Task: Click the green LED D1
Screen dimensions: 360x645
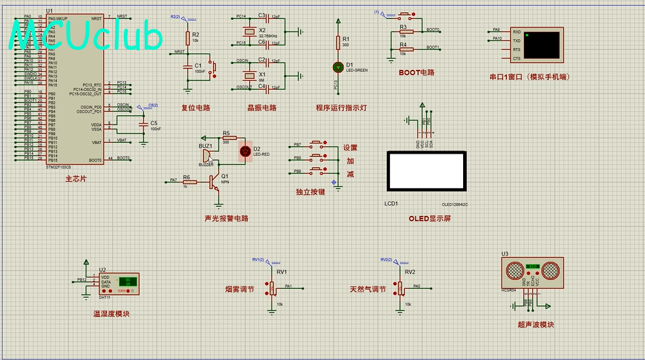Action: click(x=338, y=66)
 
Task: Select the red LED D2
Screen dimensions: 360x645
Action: click(x=245, y=152)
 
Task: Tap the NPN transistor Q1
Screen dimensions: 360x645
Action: click(x=214, y=183)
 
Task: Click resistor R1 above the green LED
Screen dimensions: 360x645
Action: click(x=338, y=42)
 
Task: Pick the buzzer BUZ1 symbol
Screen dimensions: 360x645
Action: click(x=208, y=155)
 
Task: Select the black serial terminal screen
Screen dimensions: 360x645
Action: click(x=539, y=44)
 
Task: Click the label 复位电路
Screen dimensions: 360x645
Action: click(x=196, y=108)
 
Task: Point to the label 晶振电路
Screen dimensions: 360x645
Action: click(x=262, y=108)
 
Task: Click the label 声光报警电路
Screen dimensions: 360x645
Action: click(x=226, y=218)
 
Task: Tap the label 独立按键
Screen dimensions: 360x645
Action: click(x=310, y=192)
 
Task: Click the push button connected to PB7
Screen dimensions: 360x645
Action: click(x=317, y=144)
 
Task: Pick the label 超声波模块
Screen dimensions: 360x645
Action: click(x=536, y=325)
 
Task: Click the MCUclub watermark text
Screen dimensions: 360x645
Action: click(x=86, y=37)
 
